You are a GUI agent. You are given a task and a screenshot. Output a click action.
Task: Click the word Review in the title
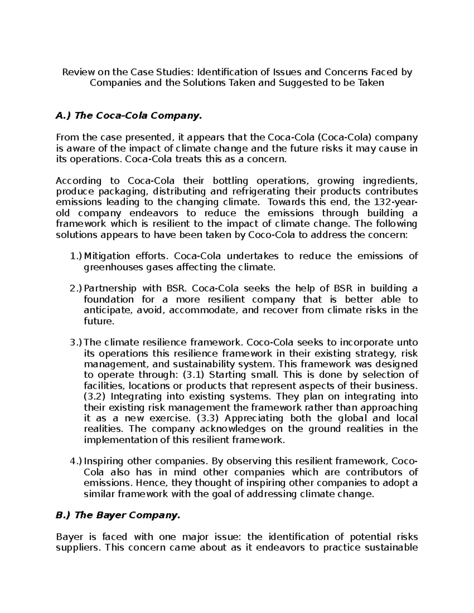coord(74,72)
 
